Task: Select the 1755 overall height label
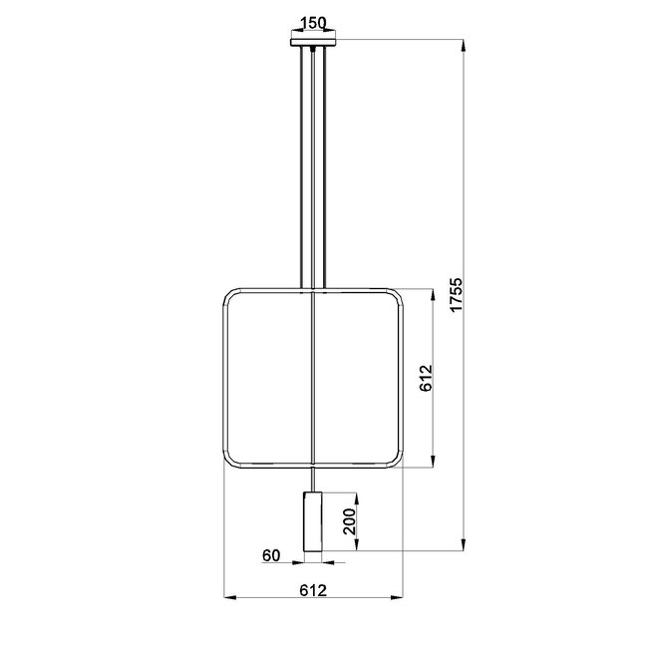[x=456, y=295]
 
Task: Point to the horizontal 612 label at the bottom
[x=313, y=589]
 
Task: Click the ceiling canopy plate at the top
[x=314, y=42]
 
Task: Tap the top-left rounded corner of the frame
[x=230, y=296]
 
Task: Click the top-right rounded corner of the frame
[x=396, y=296]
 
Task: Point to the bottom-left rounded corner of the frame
[x=230, y=460]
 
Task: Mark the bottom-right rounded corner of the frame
[x=396, y=460]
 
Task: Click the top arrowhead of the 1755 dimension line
[x=465, y=44]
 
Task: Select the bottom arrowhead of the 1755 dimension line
[x=465, y=546]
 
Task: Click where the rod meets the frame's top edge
[x=314, y=290]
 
